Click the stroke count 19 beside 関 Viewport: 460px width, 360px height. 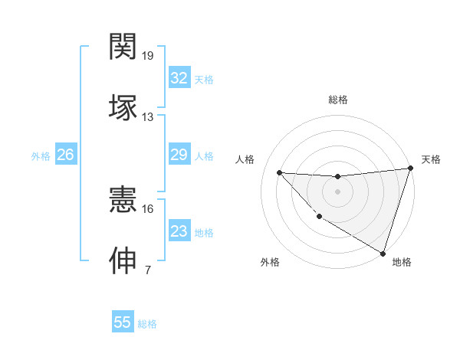click(149, 56)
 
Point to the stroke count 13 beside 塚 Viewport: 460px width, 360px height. click(148, 117)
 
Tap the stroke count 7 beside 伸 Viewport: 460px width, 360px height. click(148, 270)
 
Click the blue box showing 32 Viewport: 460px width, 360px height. click(179, 78)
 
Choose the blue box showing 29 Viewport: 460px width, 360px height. click(179, 155)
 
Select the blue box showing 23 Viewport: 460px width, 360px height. click(179, 231)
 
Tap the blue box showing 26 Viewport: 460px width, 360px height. click(65, 155)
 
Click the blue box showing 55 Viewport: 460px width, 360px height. click(123, 322)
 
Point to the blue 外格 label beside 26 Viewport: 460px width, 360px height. click(41, 156)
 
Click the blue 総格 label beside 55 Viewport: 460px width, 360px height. click(147, 324)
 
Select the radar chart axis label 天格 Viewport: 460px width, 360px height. click(431, 159)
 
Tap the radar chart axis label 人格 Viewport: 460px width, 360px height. click(245, 159)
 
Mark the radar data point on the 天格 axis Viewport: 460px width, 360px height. click(410, 169)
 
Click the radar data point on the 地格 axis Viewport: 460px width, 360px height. click(383, 253)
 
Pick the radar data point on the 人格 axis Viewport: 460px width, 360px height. click(279, 172)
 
